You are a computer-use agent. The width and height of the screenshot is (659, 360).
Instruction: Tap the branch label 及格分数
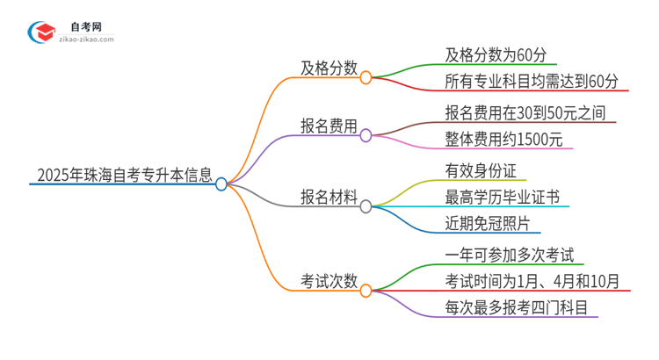point(329,68)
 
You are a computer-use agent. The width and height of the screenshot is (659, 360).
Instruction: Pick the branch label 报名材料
point(329,198)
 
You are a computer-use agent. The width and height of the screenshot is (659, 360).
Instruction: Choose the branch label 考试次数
point(329,281)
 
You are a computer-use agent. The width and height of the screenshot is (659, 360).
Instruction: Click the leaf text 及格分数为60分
point(496,54)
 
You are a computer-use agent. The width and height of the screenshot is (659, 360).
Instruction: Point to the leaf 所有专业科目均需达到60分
point(532,82)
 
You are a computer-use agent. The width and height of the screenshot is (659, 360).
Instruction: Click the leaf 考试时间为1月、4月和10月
point(532,282)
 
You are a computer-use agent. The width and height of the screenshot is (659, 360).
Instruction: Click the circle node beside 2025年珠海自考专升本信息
point(221,184)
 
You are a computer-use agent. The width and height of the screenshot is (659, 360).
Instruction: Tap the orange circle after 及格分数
point(366,77)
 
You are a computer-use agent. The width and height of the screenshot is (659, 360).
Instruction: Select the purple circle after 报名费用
point(366,135)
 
